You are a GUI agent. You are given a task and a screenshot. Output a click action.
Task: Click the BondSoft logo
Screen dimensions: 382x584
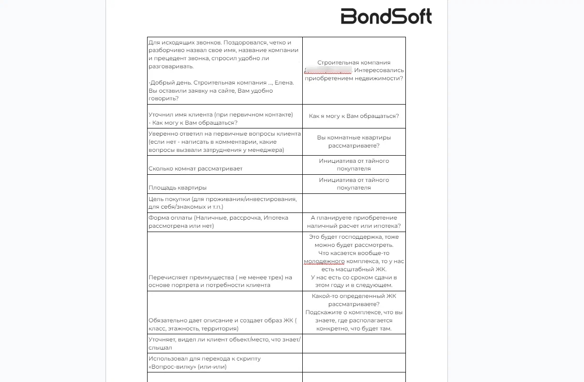tap(386, 16)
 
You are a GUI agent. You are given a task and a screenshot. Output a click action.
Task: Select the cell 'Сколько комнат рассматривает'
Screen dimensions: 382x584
tap(195, 169)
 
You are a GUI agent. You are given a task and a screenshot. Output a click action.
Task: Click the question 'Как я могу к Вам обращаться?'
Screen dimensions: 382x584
tap(354, 116)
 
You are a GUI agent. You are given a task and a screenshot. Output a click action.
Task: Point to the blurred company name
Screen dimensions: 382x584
tap(328, 70)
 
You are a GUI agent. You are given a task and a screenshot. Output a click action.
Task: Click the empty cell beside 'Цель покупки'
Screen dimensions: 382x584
tap(354, 203)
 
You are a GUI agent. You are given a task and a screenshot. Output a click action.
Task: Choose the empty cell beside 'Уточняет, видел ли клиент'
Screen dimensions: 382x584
tap(354, 343)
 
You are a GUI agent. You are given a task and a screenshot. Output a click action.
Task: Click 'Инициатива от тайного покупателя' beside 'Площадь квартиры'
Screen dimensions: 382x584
tap(354, 184)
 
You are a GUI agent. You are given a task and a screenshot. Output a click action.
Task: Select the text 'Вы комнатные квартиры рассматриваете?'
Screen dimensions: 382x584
tap(354, 141)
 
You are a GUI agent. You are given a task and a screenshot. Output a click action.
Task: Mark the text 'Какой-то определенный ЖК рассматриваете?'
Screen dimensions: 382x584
tap(354, 300)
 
